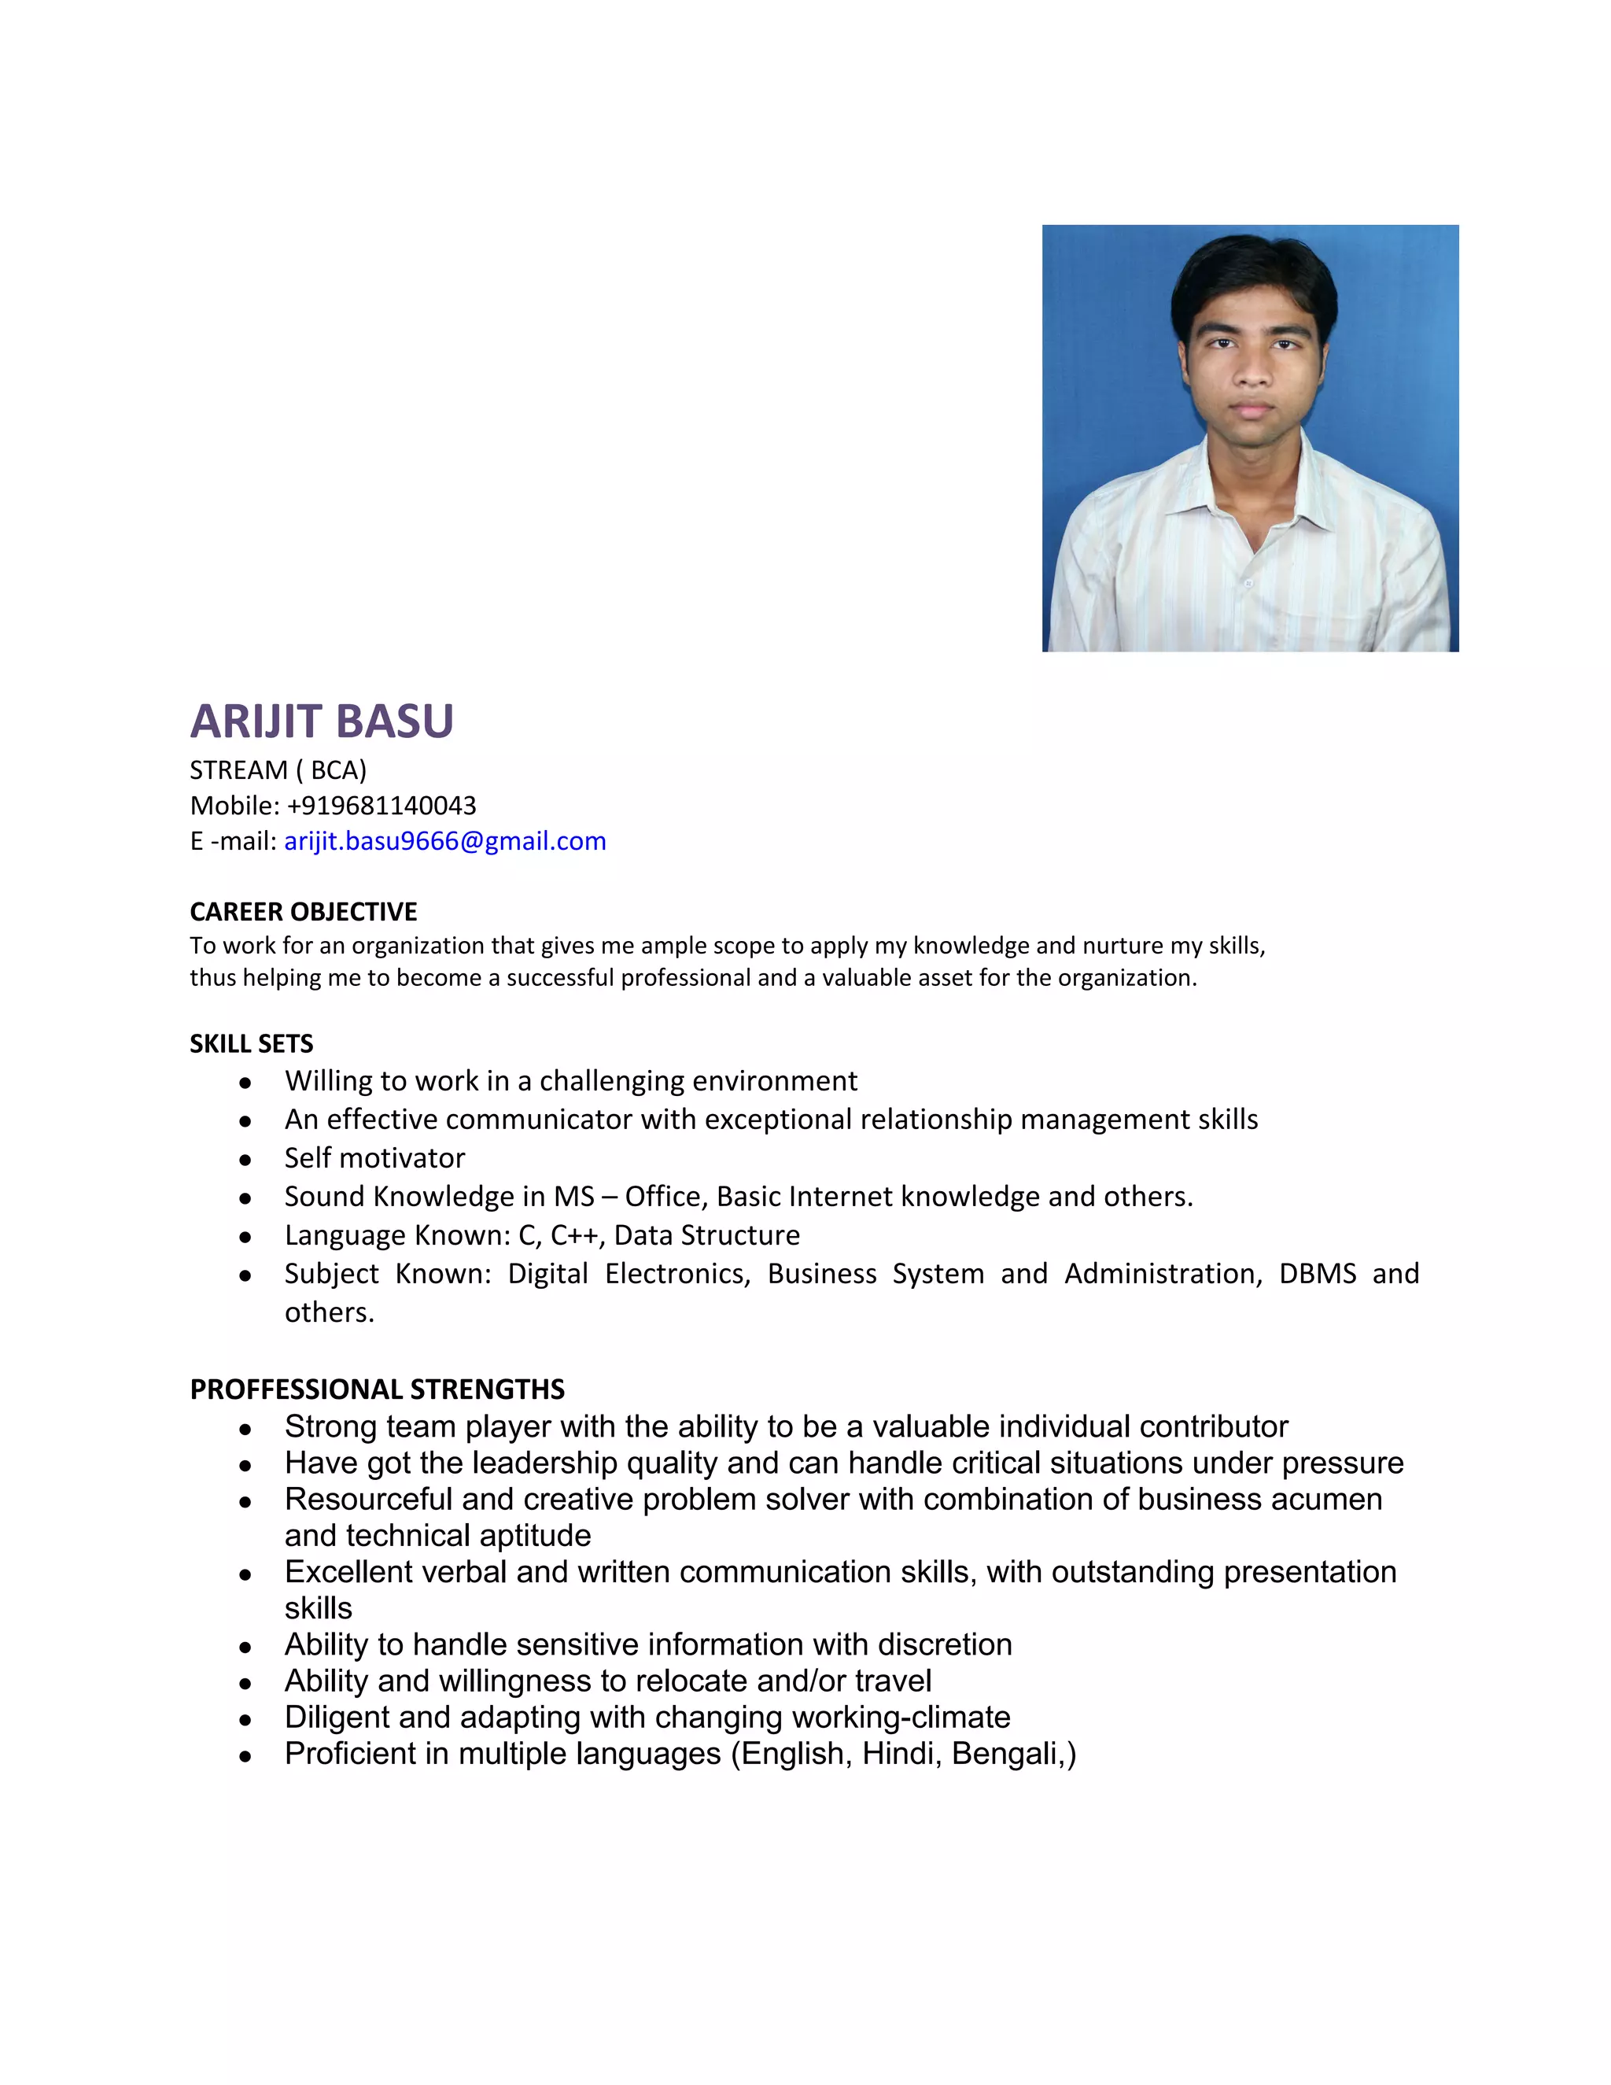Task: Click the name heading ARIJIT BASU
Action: (x=322, y=721)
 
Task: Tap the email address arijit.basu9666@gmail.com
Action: (x=444, y=841)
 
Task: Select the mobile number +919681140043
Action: (x=381, y=806)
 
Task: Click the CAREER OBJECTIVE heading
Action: (x=304, y=912)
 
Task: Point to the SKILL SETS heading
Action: (x=251, y=1043)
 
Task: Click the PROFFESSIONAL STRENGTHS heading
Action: (x=377, y=1389)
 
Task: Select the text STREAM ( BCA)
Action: (x=278, y=770)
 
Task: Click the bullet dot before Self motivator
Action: (x=245, y=1160)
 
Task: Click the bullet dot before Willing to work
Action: (x=245, y=1083)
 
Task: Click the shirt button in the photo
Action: (x=1248, y=582)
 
